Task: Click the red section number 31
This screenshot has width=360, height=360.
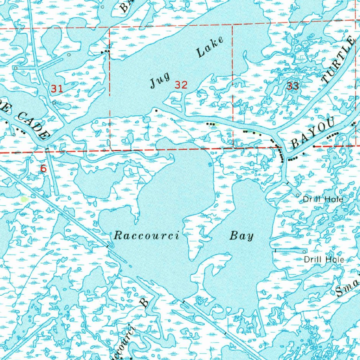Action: click(57, 89)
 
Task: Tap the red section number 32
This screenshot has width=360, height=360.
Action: click(181, 85)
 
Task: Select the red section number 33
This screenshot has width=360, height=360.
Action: click(292, 86)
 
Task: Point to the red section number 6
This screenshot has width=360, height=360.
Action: click(43, 169)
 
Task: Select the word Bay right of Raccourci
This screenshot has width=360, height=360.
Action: click(242, 236)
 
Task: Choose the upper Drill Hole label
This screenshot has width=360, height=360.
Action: click(323, 199)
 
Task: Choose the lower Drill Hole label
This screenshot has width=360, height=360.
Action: click(323, 259)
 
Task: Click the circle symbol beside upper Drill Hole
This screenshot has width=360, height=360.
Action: click(298, 195)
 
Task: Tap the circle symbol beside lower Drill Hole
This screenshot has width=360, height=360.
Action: click(304, 252)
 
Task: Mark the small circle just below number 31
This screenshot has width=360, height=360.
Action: click(54, 103)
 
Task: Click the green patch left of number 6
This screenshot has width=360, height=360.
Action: click(24, 199)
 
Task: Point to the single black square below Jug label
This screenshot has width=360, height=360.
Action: click(156, 109)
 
